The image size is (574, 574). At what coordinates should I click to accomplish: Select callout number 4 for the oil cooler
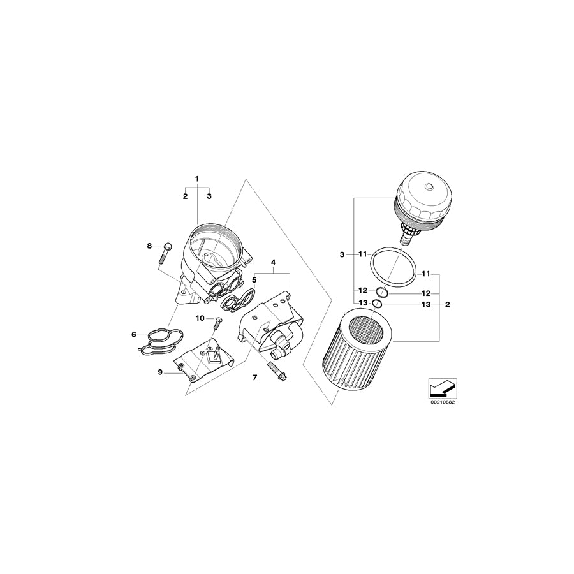click(273, 262)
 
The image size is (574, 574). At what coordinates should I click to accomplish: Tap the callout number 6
click(133, 334)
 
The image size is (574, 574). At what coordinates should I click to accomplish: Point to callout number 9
click(160, 372)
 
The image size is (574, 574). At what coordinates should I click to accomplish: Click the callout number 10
click(198, 318)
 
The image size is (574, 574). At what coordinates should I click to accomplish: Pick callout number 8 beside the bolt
click(150, 246)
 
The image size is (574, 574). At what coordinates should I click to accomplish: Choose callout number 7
click(255, 378)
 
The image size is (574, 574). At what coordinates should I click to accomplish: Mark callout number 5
click(253, 279)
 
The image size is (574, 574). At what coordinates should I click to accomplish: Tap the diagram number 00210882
click(442, 402)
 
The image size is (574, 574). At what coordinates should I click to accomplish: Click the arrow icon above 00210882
click(442, 387)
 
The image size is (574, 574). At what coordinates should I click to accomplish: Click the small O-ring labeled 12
click(382, 292)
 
